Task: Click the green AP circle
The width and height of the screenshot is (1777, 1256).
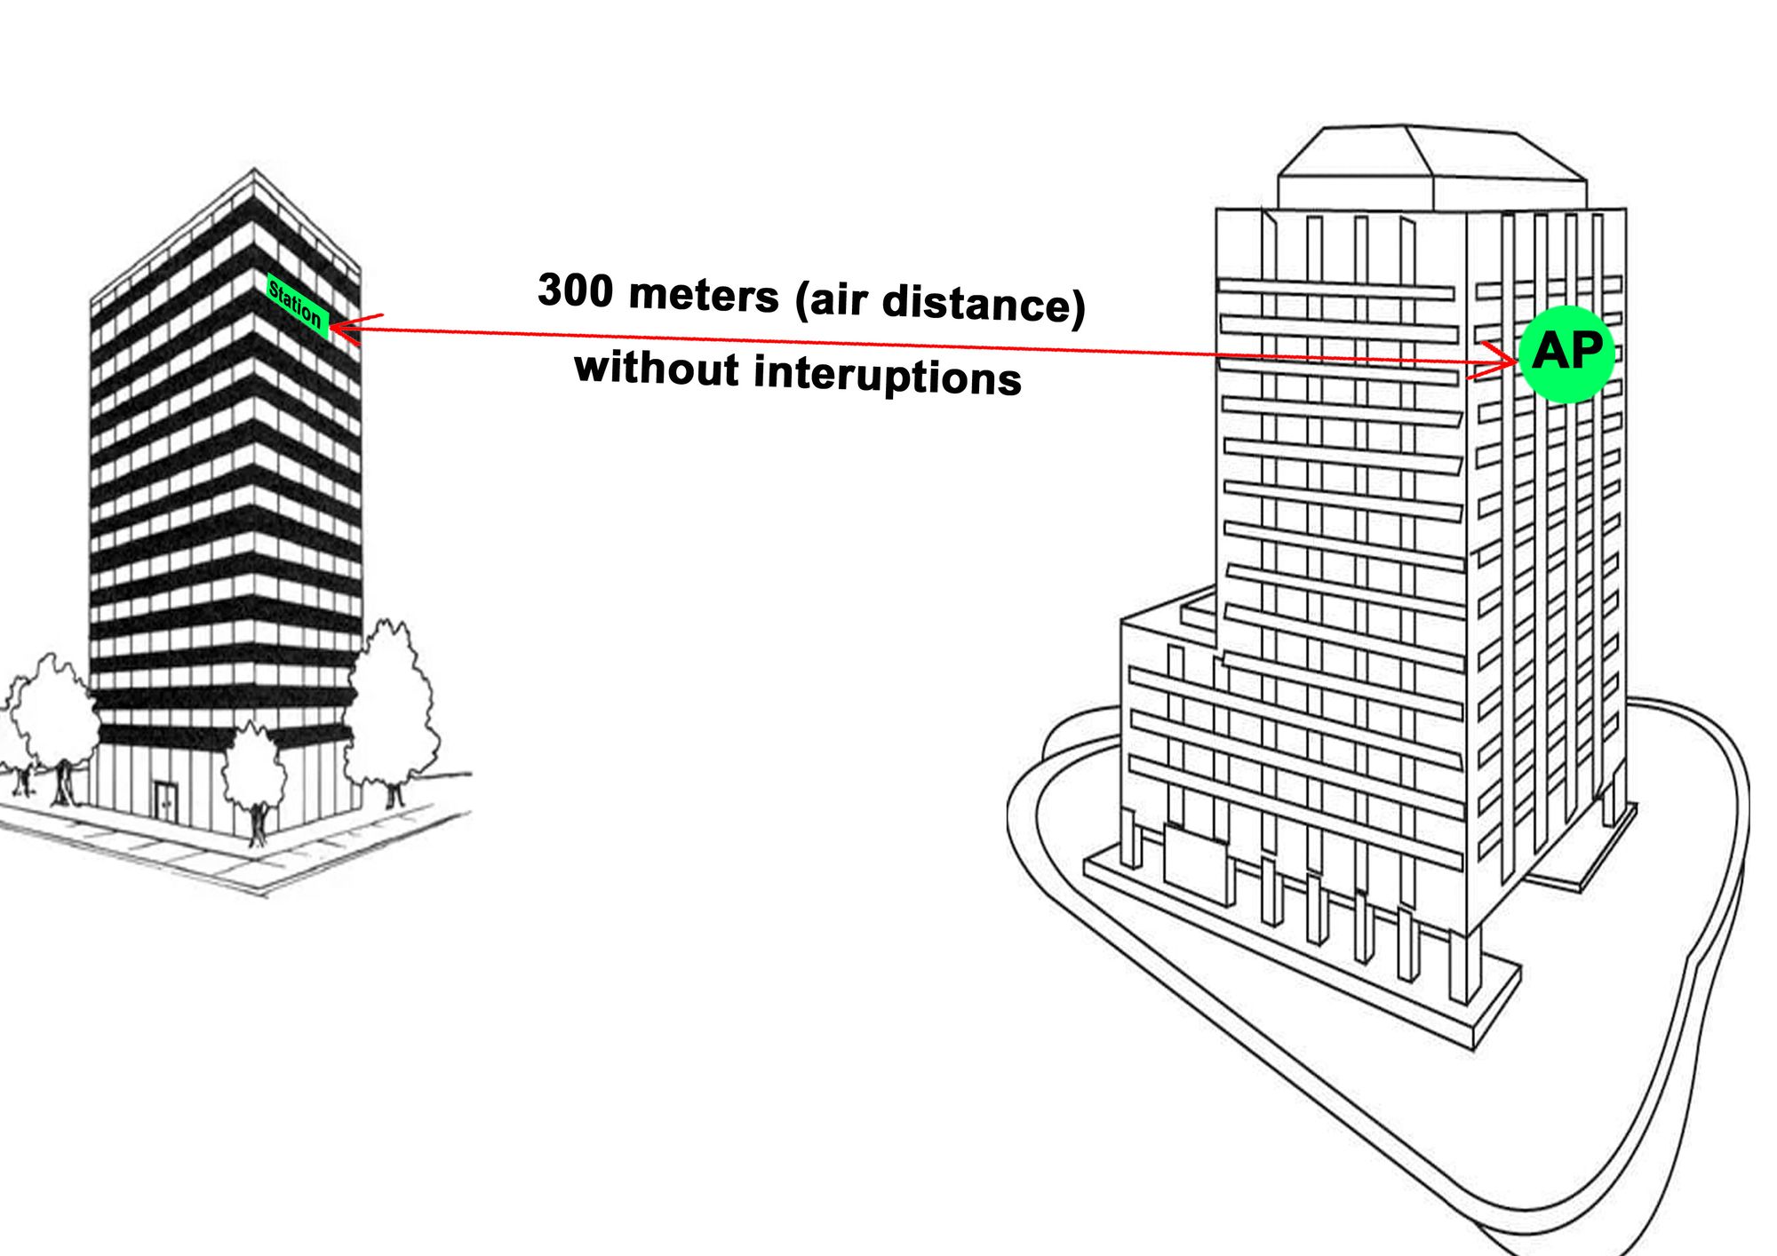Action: pyautogui.click(x=1566, y=354)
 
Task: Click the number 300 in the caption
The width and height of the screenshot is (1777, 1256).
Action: pyautogui.click(x=574, y=290)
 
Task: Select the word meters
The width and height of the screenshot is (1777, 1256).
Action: pyautogui.click(x=703, y=296)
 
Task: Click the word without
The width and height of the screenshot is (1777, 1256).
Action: pyautogui.click(x=657, y=368)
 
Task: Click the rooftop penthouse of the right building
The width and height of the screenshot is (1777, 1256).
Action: pyautogui.click(x=1430, y=169)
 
